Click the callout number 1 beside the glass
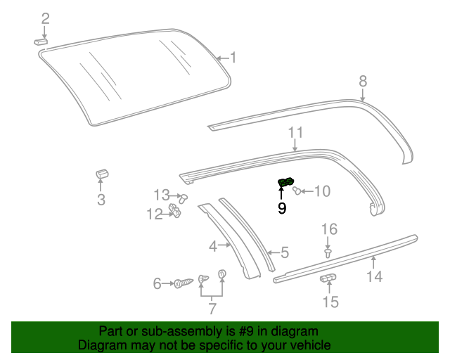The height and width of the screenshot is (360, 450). [x=233, y=58]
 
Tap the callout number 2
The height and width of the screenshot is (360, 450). [x=45, y=18]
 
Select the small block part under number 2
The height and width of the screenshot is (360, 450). [x=41, y=41]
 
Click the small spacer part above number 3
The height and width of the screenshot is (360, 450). [x=102, y=174]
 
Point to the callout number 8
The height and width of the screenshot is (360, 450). [x=363, y=80]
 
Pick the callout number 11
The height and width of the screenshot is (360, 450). [x=295, y=132]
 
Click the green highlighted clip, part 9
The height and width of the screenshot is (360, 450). [x=285, y=184]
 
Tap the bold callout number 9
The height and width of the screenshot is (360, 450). [x=282, y=208]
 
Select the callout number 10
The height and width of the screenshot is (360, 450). [x=321, y=191]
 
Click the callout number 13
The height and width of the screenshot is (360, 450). [x=162, y=195]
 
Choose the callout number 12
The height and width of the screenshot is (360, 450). [x=155, y=214]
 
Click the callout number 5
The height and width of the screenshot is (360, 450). [x=285, y=251]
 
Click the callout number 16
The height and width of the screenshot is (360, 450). [x=329, y=229]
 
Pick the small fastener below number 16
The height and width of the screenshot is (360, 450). [x=328, y=250]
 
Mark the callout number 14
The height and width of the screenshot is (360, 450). [x=374, y=276]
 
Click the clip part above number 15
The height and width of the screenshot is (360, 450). [x=328, y=279]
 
